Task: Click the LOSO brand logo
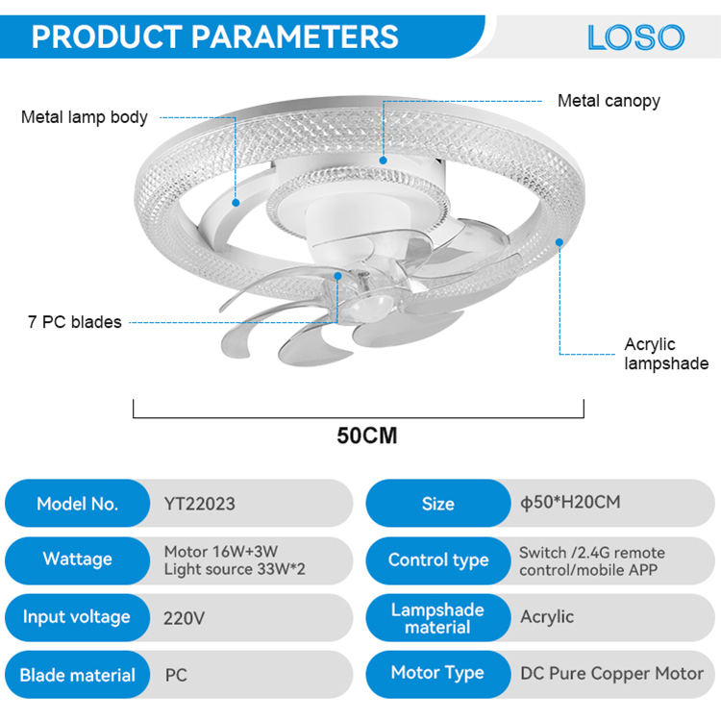(635, 37)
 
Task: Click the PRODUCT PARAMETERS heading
(215, 37)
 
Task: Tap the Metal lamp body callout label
(85, 117)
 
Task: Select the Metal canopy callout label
(609, 100)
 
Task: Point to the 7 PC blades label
(75, 322)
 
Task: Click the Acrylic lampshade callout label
(665, 353)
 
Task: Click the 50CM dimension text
(366, 435)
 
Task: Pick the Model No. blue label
(77, 504)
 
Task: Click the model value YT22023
(200, 504)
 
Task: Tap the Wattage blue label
(77, 559)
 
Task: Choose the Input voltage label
(77, 617)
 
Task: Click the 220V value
(185, 617)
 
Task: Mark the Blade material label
(77, 675)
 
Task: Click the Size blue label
(437, 504)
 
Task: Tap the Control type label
(437, 559)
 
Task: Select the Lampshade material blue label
(437, 617)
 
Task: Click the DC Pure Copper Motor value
(611, 674)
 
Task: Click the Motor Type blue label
(437, 673)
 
